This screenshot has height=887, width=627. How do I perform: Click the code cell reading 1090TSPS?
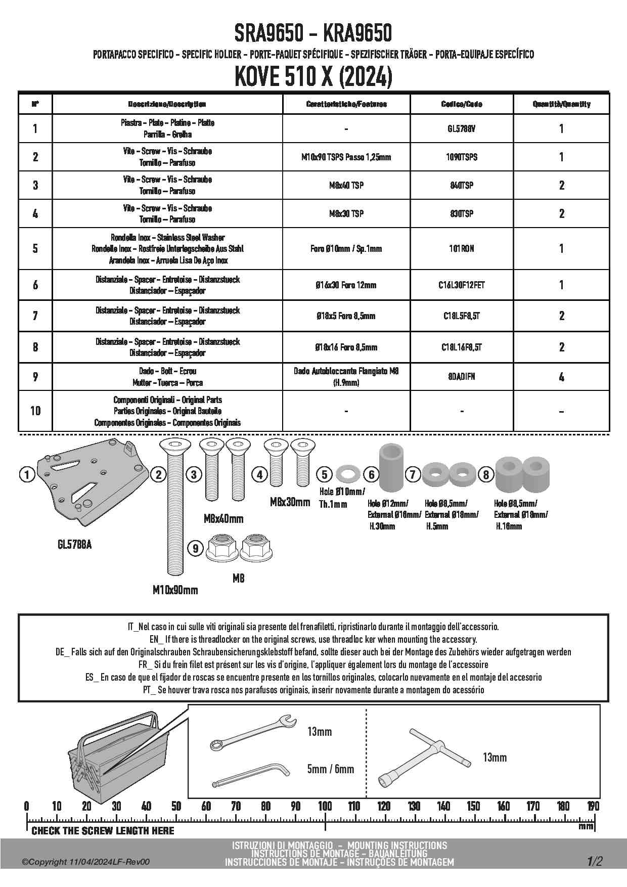coord(462,157)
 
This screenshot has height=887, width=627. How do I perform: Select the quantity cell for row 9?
coord(561,377)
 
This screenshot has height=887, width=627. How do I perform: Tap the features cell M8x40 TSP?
coord(346,186)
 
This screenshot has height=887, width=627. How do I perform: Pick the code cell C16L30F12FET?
coord(462,285)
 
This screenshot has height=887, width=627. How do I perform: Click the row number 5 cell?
coord(35,248)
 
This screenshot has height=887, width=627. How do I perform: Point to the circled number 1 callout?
coord(26,474)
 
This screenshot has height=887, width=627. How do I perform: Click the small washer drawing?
coord(346,474)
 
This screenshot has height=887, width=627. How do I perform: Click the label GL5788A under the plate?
coord(75,545)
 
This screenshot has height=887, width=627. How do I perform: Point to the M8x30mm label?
coord(290,502)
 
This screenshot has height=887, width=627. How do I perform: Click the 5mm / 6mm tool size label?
coord(330,769)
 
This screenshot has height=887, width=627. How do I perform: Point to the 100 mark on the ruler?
coord(325,806)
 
